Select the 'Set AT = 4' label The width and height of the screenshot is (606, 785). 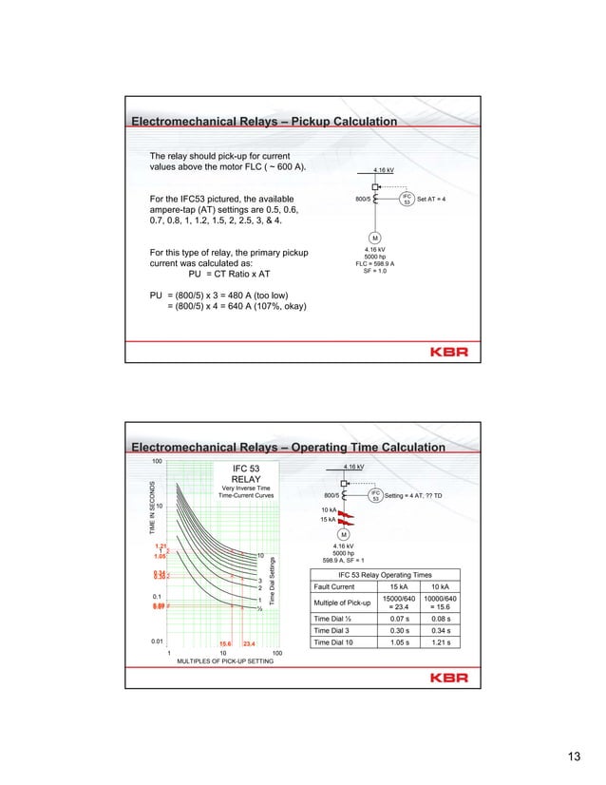(438, 200)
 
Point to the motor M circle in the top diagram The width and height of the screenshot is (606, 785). (375, 238)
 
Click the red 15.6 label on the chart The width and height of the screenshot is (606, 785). (225, 644)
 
